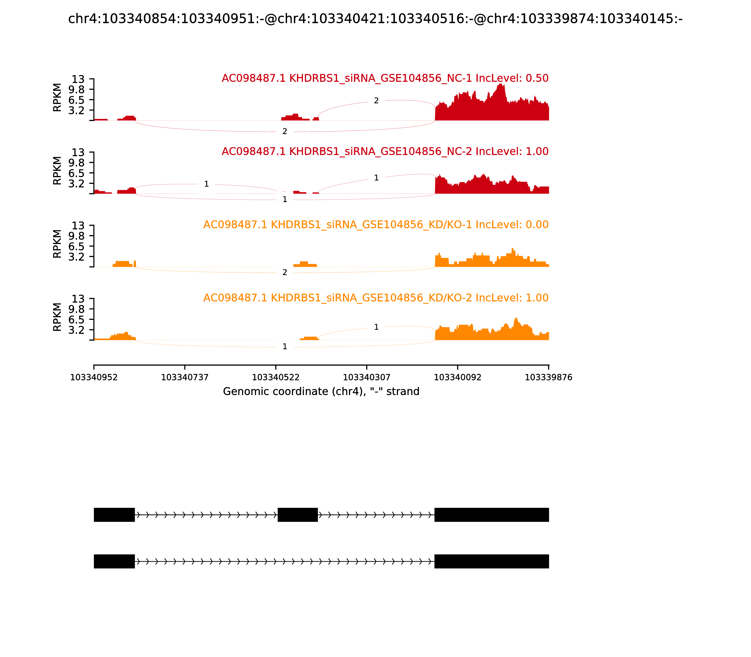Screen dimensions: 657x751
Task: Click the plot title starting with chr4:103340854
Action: tap(375, 19)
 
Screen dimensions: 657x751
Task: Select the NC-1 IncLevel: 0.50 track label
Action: tap(385, 78)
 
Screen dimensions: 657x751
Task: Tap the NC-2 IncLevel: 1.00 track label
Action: tap(385, 151)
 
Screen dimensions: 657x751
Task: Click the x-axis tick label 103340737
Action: tap(185, 377)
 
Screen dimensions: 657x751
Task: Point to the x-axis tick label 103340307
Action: tap(366, 377)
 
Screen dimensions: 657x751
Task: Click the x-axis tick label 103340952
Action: tap(94, 377)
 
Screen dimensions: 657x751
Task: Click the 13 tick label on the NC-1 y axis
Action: tap(78, 79)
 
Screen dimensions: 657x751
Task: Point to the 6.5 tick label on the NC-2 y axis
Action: tap(76, 173)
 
